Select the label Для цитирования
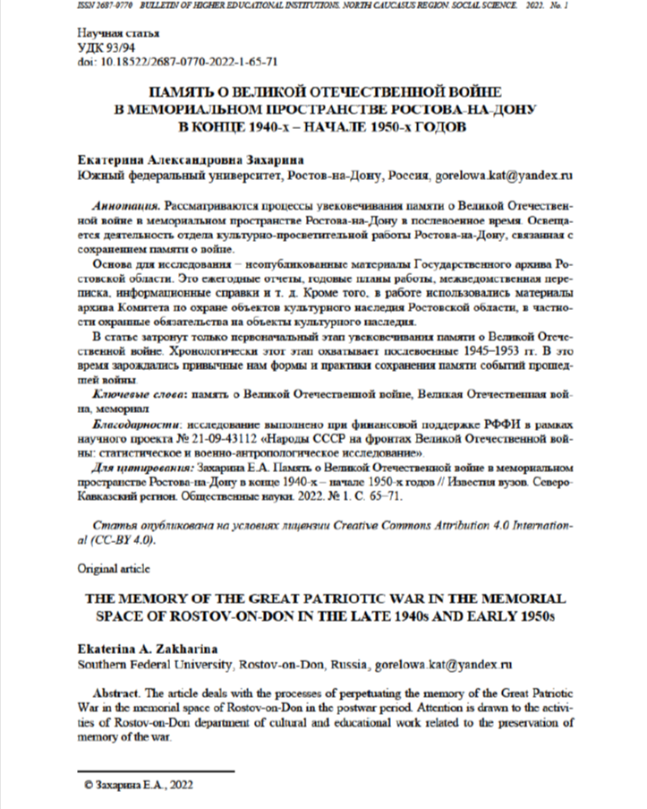142,469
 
